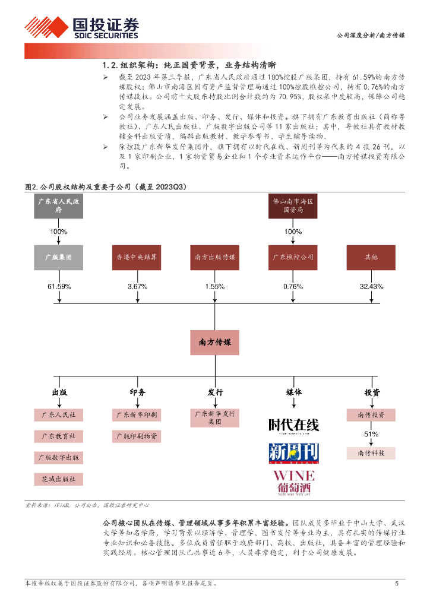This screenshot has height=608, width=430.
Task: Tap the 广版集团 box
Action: click(58, 257)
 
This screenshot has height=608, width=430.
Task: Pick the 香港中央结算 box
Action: click(136, 257)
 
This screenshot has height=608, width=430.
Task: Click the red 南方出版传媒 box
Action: click(214, 257)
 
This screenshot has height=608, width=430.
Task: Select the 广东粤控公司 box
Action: click(292, 257)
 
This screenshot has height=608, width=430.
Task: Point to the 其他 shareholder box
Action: click(371, 257)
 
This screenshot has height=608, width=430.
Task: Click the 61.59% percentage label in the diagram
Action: click(59, 287)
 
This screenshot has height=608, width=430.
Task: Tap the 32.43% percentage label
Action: click(371, 287)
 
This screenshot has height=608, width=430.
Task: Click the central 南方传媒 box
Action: click(214, 343)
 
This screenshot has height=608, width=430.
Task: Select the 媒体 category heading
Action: click(293, 392)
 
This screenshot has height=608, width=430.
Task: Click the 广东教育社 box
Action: click(58, 436)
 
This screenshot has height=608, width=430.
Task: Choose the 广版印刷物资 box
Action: click(136, 436)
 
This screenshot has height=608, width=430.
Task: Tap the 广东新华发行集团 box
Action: click(214, 417)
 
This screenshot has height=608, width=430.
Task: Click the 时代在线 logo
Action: click(293, 426)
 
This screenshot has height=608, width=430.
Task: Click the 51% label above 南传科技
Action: click(371, 434)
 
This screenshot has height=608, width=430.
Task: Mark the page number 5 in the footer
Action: click(397, 583)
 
